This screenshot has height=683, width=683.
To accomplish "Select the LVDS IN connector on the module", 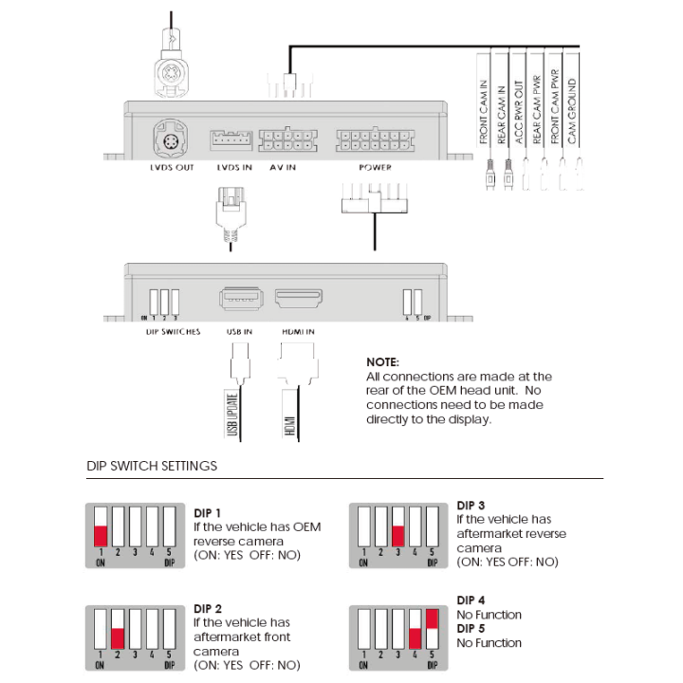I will point(231,140).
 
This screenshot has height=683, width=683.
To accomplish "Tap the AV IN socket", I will point(287,140).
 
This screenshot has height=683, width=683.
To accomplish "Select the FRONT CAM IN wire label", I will point(484,112).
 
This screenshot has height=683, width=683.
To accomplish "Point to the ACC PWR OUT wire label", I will point(520,112).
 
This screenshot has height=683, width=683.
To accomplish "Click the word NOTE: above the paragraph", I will point(382,362).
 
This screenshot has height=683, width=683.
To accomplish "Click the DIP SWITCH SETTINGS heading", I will point(152,466).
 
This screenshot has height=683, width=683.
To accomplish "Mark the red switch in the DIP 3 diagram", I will point(398,535).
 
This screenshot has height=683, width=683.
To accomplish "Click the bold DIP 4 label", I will point(471,600).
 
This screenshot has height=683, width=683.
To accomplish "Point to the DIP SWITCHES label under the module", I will point(172,332).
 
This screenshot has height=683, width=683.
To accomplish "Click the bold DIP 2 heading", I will point(208,608).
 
